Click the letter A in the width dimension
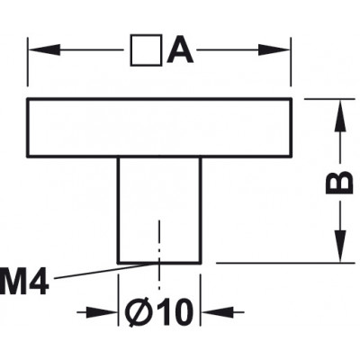(x=180, y=50)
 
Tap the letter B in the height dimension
(x=339, y=183)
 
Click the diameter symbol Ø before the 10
(x=137, y=312)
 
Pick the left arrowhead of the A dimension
(x=44, y=50)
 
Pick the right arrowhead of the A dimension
(x=274, y=50)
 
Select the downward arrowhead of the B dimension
(x=340, y=246)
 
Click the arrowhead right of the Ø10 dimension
(x=217, y=312)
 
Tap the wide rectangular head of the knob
(x=159, y=127)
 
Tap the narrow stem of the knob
(x=159, y=210)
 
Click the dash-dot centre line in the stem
(x=159, y=255)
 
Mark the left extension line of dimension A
(x=28, y=62)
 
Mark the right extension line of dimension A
(x=291, y=62)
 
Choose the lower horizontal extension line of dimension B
(x=285, y=263)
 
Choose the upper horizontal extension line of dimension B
(x=329, y=98)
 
